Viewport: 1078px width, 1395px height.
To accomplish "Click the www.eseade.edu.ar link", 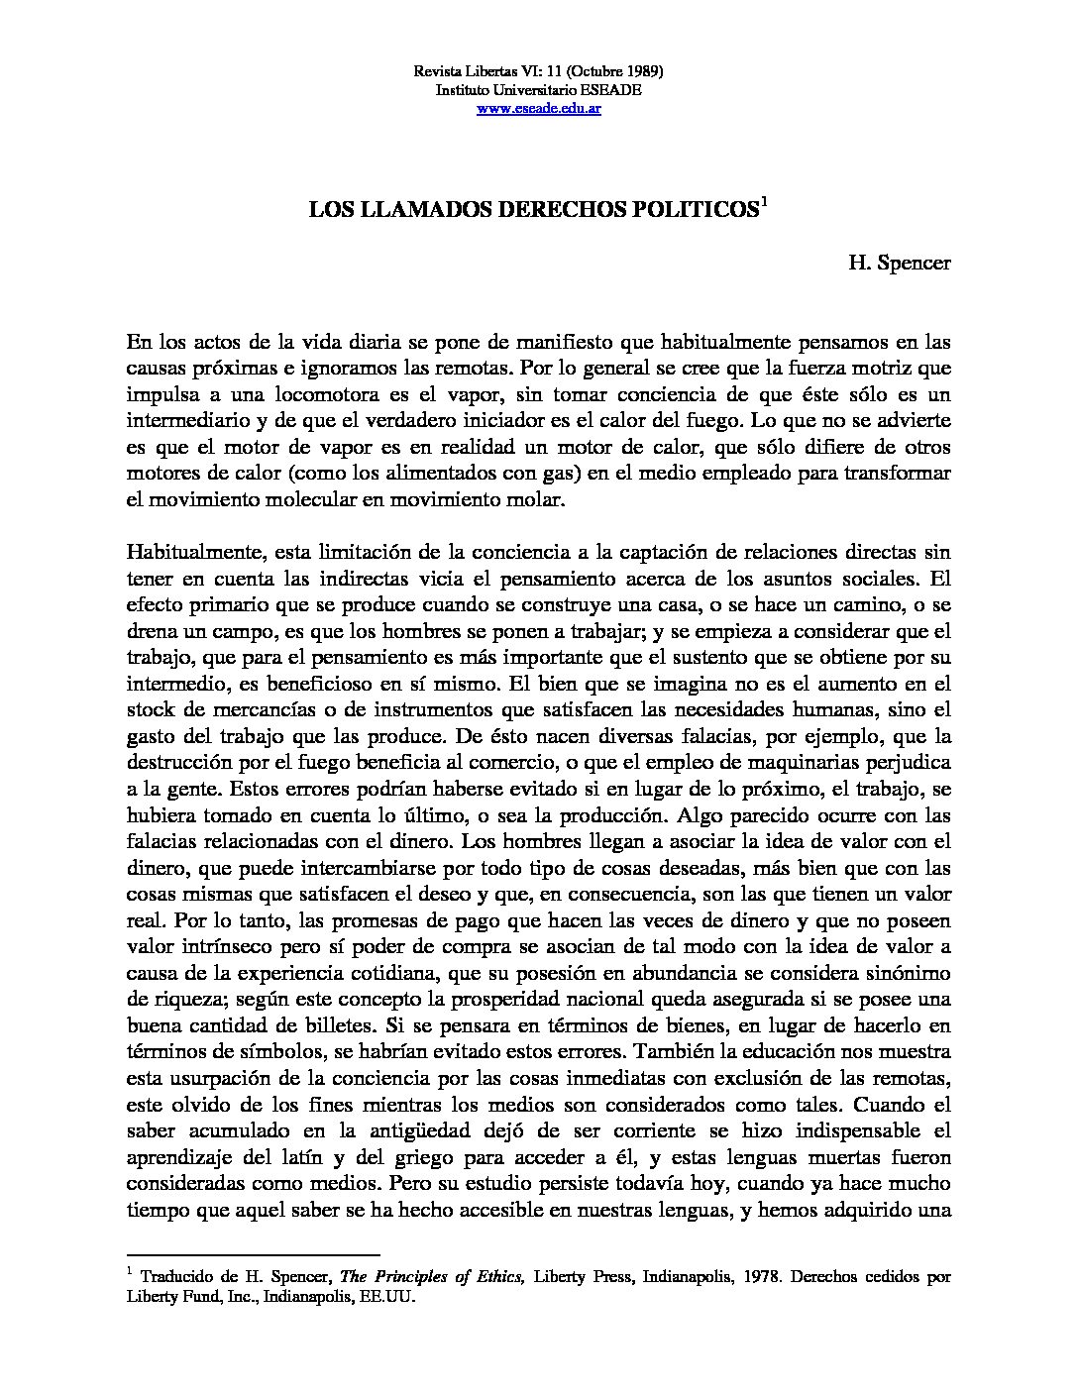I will point(539,108).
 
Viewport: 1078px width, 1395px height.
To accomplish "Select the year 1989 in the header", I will point(639,72).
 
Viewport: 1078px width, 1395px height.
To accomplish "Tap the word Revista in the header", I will point(436,72).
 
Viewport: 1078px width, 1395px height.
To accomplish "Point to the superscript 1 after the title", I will point(764,205).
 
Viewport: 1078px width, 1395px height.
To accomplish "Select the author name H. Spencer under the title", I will point(899,263).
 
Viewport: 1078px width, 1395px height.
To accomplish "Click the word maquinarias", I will point(808,763).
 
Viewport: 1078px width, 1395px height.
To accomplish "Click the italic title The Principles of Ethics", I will point(432,1277).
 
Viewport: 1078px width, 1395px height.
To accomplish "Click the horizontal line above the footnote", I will point(254,1252).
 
